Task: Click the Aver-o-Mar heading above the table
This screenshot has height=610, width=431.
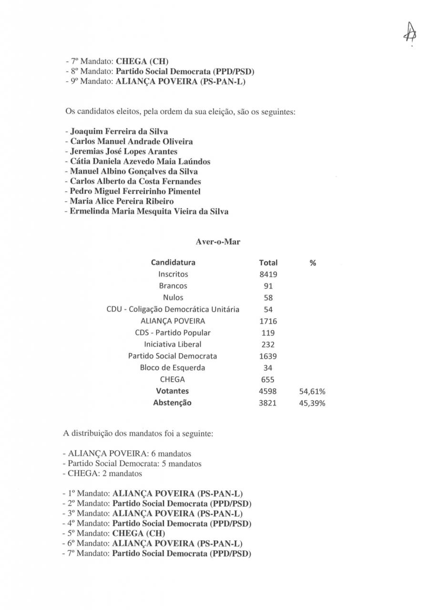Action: coord(218,242)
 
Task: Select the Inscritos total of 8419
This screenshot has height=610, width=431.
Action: coord(268,274)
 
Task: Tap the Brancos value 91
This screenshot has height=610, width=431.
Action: coord(268,286)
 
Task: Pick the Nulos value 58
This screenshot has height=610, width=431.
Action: coord(268,298)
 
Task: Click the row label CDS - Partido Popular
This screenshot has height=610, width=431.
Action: coord(173,333)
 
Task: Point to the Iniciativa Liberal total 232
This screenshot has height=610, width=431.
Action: coord(268,345)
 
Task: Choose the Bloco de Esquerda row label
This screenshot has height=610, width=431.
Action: coord(173,368)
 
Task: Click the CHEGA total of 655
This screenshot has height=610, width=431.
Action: coord(268,380)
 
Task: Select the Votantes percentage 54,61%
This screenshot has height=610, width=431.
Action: coord(312,391)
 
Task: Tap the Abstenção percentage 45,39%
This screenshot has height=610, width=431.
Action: coord(312,403)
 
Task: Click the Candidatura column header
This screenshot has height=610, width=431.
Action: coord(173,263)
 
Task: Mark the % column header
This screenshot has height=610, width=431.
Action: coord(313,263)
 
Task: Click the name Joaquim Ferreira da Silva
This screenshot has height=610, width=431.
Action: coord(119,131)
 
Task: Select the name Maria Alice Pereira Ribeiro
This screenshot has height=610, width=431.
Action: coord(122,201)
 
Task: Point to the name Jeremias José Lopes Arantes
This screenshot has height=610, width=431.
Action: coord(123,151)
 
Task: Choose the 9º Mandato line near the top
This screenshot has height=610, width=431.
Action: coord(155,81)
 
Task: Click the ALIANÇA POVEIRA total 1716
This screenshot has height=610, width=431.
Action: coord(268,321)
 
